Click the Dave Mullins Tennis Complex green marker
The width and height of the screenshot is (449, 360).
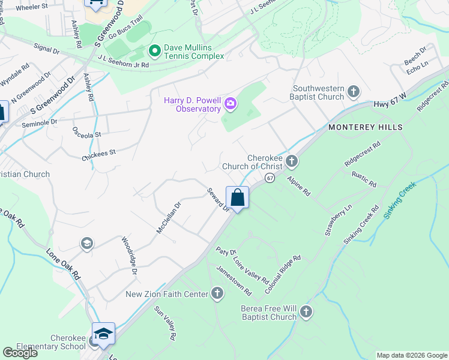tap(154, 50)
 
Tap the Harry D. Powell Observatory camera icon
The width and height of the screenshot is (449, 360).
tap(230, 106)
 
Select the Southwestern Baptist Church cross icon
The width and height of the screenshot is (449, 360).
tap(354, 92)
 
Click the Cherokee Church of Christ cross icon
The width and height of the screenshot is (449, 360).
tap(292, 160)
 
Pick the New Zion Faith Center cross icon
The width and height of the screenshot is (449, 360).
tap(217, 293)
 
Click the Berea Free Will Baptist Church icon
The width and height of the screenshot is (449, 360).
tap(306, 311)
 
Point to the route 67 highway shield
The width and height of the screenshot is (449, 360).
tap(270, 178)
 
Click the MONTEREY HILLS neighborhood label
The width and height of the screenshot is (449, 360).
tap(365, 128)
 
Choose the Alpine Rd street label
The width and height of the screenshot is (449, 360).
tap(298, 186)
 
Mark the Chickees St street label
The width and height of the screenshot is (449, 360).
tap(98, 154)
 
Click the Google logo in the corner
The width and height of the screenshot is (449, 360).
tap(20, 353)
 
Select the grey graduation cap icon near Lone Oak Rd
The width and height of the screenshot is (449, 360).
tap(86, 243)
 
